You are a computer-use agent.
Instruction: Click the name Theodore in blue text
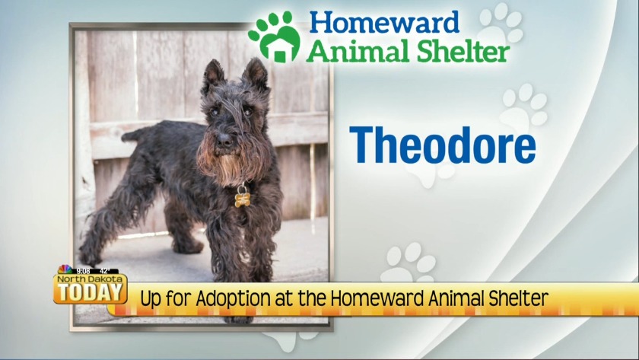443,145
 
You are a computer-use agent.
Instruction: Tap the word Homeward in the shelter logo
384,23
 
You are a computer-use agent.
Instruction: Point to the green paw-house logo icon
275,37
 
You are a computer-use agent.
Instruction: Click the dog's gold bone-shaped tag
242,199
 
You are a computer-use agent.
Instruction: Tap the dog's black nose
224,141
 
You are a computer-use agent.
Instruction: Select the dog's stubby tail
135,134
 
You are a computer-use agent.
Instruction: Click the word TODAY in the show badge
90,292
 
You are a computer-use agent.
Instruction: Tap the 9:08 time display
83,271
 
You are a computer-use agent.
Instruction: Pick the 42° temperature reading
105,271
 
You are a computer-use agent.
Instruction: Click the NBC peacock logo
65,269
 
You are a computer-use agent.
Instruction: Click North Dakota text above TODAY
89,279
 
